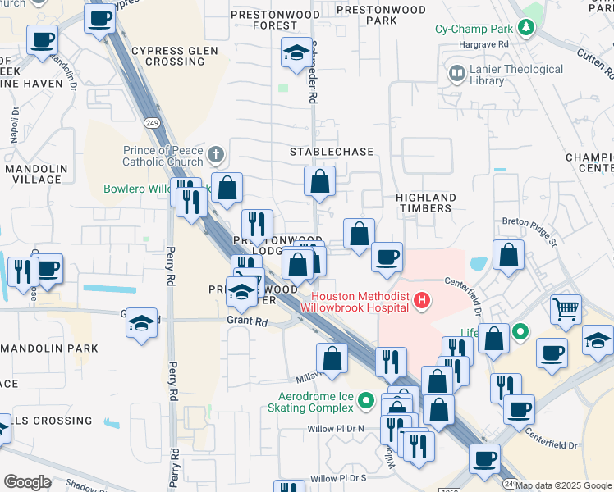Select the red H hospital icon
pos(422,301)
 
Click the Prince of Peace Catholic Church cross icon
pos(215,154)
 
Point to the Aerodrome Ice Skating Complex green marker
pos(367,401)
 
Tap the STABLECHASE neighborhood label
pos(332,152)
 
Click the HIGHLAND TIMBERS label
pos(425,203)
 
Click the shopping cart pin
pos(566,310)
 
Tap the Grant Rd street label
pos(248,322)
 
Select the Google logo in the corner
pos(27,481)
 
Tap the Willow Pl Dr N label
pos(336,428)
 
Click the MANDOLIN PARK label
pos(46,348)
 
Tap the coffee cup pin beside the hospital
pos(387,257)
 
